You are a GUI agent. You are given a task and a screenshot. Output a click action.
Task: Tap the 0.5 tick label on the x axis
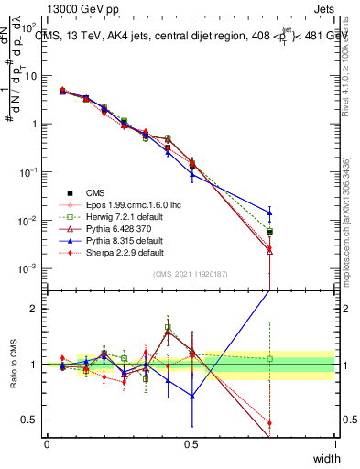point(191,444)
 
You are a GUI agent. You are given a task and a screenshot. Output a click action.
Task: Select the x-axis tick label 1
point(334,444)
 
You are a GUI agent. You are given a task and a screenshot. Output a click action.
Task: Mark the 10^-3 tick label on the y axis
point(27,268)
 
